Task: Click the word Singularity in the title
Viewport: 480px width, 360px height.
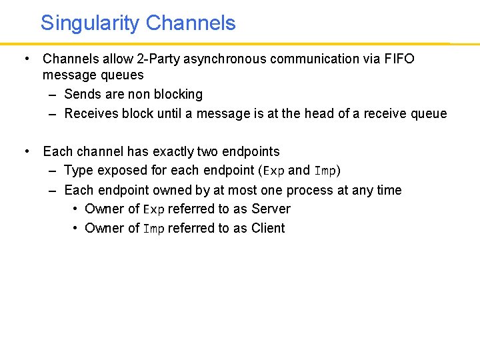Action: point(90,23)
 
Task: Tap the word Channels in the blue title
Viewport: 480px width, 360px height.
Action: point(191,23)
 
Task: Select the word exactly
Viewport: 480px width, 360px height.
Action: point(164,151)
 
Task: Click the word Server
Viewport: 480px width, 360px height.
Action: point(271,209)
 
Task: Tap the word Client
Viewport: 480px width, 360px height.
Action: point(268,228)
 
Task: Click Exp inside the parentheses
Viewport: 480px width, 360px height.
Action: point(273,171)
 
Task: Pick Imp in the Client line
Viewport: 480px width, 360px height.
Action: point(153,229)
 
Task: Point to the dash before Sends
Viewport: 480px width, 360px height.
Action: point(52,94)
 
